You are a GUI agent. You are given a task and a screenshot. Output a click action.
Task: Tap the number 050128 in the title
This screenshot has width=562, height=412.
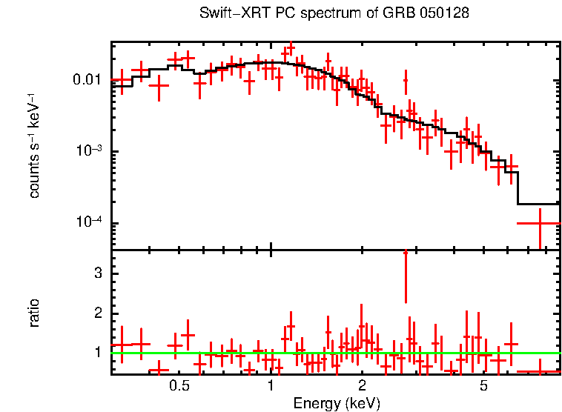click(x=446, y=13)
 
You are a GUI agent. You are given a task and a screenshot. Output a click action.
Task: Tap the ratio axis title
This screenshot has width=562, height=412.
click(x=34, y=312)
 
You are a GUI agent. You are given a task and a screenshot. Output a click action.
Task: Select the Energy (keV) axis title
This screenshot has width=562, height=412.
click(x=336, y=403)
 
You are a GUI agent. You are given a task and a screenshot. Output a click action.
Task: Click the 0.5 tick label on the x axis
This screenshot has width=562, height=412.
click(x=179, y=387)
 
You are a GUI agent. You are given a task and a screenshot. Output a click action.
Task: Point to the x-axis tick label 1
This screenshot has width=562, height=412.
click(x=271, y=387)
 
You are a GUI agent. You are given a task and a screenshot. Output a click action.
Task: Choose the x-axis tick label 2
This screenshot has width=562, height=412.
click(x=362, y=387)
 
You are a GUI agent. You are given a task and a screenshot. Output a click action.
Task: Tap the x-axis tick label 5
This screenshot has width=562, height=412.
click(x=483, y=387)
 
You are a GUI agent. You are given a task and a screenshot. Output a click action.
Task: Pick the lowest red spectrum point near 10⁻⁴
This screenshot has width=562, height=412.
click(x=539, y=222)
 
